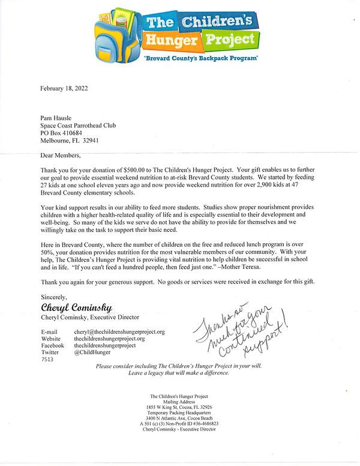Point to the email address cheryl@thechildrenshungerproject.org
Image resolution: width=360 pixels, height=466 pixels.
click(119, 331)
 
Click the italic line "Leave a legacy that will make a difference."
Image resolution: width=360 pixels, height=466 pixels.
click(179, 374)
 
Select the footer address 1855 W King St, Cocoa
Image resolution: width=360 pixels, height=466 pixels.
click(179, 408)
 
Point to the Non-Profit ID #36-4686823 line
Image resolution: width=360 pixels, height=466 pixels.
click(179, 424)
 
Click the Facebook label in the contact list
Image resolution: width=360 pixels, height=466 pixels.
click(53, 346)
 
